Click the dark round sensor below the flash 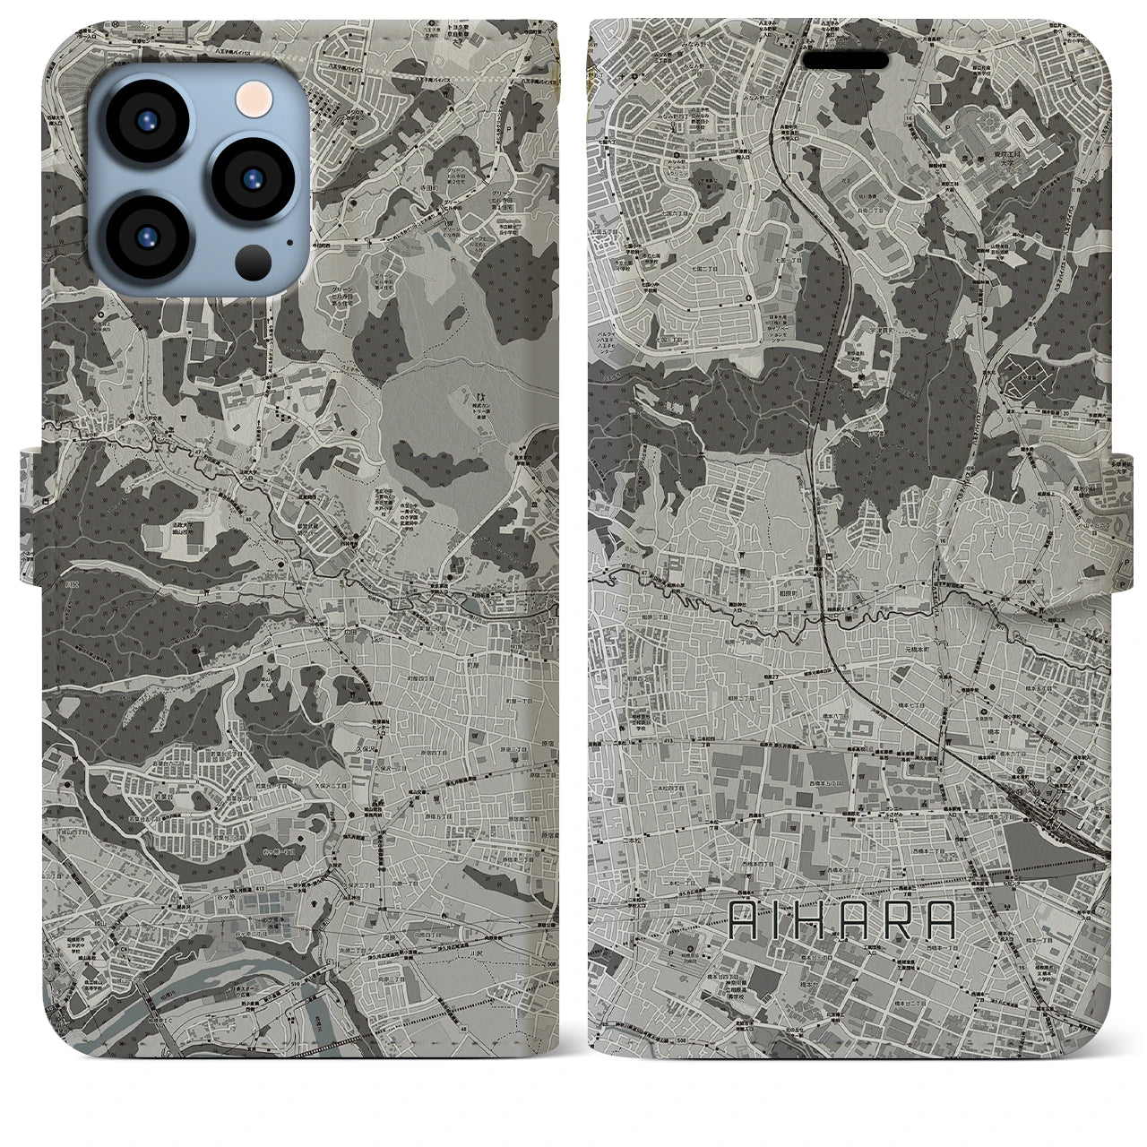[x=254, y=263]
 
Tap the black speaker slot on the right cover [x=845, y=59]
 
